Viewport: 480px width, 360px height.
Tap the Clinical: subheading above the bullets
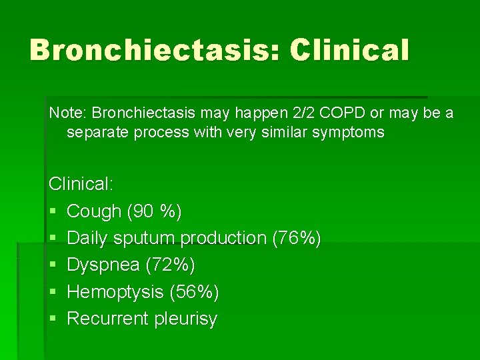click(x=81, y=183)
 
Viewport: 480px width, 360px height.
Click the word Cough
click(x=94, y=211)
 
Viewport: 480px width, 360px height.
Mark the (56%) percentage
click(x=194, y=291)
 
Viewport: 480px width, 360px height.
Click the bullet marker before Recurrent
click(x=53, y=319)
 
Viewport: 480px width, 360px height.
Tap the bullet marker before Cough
click(x=53, y=212)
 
